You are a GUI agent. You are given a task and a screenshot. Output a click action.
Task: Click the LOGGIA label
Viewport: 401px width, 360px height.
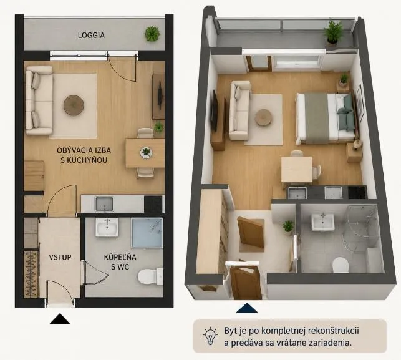(x=91, y=35)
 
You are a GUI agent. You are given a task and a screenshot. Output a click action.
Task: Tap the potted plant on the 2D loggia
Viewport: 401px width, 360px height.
(x=152, y=34)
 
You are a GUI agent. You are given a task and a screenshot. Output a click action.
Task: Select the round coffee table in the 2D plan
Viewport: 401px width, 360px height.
(x=74, y=105)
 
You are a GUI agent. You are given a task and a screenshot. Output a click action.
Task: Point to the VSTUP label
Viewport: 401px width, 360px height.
(x=60, y=257)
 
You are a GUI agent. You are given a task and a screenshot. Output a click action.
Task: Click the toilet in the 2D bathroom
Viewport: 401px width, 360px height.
(x=150, y=276)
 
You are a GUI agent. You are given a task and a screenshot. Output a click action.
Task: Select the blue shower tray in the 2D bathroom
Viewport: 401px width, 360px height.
(x=147, y=233)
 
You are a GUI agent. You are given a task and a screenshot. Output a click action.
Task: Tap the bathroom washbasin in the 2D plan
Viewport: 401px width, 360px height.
(x=107, y=227)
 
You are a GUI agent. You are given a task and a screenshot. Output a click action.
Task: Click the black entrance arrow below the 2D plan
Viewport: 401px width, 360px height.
(x=60, y=319)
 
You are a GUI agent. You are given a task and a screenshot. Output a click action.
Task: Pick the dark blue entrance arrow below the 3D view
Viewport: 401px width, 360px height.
(x=247, y=308)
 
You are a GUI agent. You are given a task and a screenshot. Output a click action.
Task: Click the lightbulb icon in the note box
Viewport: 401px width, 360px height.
(x=210, y=336)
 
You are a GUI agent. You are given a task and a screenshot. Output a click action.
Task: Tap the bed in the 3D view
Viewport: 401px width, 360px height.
(x=326, y=118)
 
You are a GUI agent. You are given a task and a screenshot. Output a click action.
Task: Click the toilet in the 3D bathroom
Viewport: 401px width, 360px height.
(x=341, y=265)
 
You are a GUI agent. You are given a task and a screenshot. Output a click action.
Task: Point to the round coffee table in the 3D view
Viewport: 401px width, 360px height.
(x=263, y=117)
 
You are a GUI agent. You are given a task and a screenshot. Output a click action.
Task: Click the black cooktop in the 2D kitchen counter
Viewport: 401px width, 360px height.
(x=153, y=204)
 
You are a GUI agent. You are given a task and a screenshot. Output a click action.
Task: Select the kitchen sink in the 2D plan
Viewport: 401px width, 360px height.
(x=104, y=204)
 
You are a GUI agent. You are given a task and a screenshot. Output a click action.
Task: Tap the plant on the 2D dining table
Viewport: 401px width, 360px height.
(x=146, y=153)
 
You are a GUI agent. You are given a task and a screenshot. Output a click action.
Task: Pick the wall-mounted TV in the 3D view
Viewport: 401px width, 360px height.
(x=214, y=110)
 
